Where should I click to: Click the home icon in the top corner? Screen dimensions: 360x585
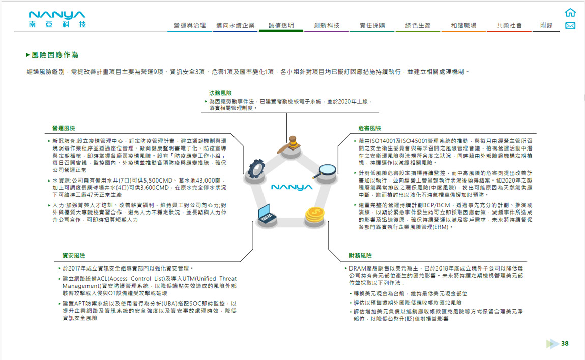click(570, 13)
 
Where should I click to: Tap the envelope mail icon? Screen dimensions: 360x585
click(570, 26)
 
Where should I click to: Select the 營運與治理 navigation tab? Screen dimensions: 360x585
click(190, 25)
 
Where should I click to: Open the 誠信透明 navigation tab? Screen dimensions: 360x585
click(281, 25)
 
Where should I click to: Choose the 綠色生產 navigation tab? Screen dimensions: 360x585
click(418, 25)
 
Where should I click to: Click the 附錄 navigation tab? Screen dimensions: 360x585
click(546, 25)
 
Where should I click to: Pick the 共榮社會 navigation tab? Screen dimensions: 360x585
click(509, 25)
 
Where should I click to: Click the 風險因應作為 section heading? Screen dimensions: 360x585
click(54, 55)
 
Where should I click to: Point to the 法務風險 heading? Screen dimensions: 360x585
click(220, 93)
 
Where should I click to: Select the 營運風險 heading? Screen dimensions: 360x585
click(64, 128)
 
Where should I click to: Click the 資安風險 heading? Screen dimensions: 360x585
click(74, 255)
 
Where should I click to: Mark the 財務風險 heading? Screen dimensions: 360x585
click(360, 255)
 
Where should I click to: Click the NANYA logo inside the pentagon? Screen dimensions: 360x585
click(291, 187)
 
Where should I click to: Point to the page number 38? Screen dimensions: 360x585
click(565, 344)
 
